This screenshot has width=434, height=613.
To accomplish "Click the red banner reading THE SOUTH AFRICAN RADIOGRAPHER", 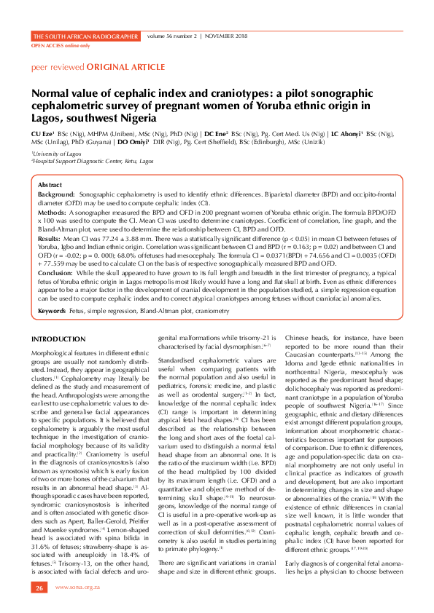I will tap(86, 36).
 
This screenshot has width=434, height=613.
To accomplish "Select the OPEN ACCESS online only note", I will tap(61, 45).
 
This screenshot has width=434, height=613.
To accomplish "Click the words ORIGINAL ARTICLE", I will tap(107, 66).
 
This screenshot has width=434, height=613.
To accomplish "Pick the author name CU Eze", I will tap(42, 134).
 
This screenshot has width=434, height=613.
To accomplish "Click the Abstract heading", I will tap(50, 186).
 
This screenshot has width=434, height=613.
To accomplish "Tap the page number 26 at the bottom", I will tap(39, 587).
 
